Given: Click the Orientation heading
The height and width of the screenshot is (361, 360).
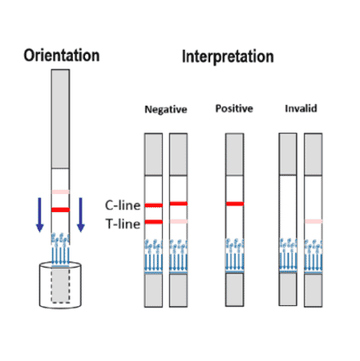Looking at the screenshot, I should pyautogui.click(x=61, y=56).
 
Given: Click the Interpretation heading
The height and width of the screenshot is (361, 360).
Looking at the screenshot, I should pyautogui.click(x=227, y=57).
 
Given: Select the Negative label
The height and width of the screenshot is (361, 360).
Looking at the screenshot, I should pyautogui.click(x=166, y=109).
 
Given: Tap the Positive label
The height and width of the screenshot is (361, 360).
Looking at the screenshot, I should pyautogui.click(x=234, y=109).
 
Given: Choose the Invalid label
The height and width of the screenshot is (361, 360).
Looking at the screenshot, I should pyautogui.click(x=300, y=109).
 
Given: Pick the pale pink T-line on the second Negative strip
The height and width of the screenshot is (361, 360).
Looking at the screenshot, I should pyautogui.click(x=179, y=222).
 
